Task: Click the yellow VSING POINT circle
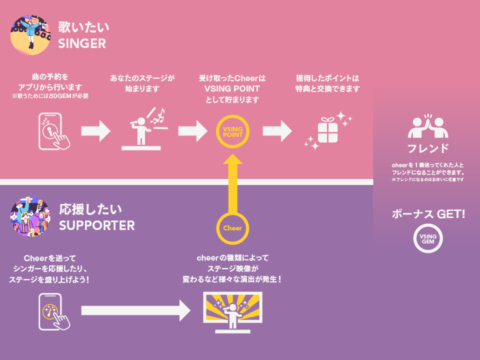pyautogui.click(x=232, y=131)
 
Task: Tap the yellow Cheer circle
pyautogui.click(x=232, y=228)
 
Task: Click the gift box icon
pyautogui.click(x=328, y=130)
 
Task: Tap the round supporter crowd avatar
pyautogui.click(x=30, y=218)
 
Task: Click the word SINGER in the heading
pyautogui.click(x=82, y=44)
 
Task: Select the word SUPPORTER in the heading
pyautogui.click(x=97, y=225)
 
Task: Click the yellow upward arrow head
pyautogui.click(x=232, y=159)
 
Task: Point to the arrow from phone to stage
pyautogui.click(x=95, y=131)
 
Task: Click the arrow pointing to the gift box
pyautogui.click(x=277, y=131)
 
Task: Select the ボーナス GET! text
pyautogui.click(x=428, y=214)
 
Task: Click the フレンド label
pyautogui.click(x=427, y=148)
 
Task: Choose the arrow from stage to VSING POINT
pyautogui.click(x=192, y=131)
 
